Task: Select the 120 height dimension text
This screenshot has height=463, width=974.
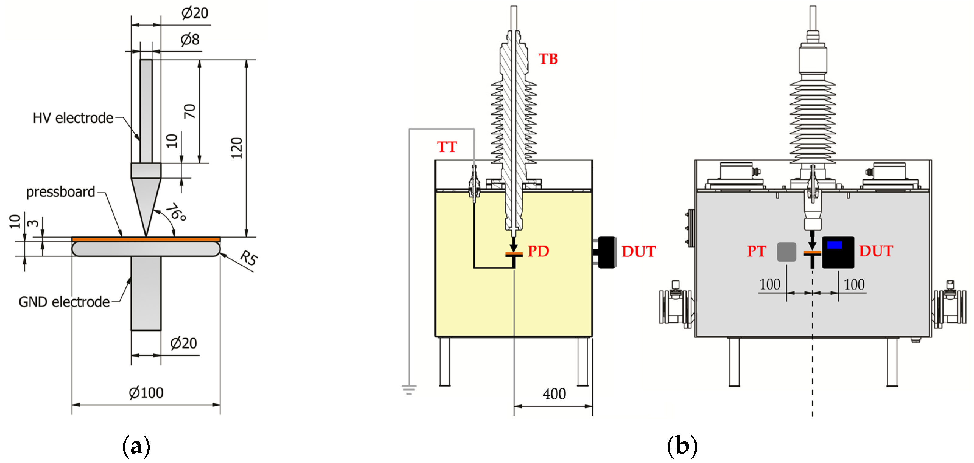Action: tap(237, 148)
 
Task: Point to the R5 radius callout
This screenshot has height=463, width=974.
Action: tap(249, 258)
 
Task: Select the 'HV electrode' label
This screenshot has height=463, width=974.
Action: tap(73, 118)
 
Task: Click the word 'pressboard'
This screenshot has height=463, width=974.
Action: tap(61, 192)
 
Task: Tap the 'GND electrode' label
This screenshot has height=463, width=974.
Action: tap(64, 302)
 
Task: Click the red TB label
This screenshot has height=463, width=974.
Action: tap(548, 59)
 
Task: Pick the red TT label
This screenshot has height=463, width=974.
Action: tap(447, 147)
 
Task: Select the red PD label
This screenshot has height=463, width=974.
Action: tap(538, 251)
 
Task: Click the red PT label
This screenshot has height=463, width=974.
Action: tap(757, 251)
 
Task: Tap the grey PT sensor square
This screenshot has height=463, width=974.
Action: tap(786, 252)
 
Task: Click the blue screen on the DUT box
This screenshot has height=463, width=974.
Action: tap(834, 245)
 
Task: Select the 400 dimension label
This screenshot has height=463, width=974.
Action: tap(554, 394)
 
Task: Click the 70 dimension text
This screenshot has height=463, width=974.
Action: tap(190, 111)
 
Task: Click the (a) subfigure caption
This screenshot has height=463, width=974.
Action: tap(136, 446)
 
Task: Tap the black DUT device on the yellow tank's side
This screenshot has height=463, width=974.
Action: tap(607, 252)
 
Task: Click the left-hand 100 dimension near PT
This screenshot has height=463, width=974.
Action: tap(770, 284)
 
